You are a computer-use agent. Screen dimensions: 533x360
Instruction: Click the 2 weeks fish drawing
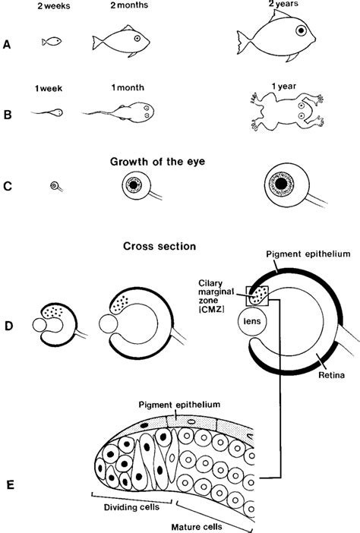(52, 40)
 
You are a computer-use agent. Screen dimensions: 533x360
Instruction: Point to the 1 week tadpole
(48, 112)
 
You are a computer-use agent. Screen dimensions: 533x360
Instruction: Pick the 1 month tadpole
(130, 111)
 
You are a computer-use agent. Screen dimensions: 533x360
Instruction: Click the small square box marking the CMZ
(254, 292)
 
